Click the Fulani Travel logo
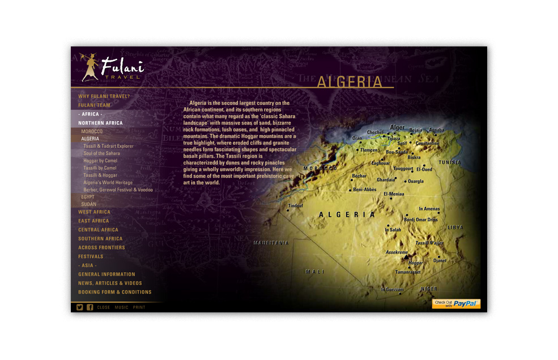click(112, 67)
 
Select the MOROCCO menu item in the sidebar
click(92, 131)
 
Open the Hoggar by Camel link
click(100, 161)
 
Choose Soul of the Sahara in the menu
click(101, 153)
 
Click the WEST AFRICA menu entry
click(94, 212)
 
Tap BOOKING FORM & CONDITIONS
click(115, 292)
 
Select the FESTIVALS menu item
click(91, 256)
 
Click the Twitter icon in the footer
click(80, 307)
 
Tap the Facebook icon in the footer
click(90, 307)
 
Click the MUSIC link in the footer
click(122, 307)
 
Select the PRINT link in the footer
click(139, 307)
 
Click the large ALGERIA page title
click(350, 82)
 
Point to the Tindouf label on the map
click(296, 206)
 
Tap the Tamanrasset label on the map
click(408, 272)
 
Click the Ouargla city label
click(415, 182)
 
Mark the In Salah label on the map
click(393, 230)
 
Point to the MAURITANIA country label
click(271, 243)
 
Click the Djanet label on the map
click(440, 261)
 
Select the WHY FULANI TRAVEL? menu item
click(104, 96)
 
